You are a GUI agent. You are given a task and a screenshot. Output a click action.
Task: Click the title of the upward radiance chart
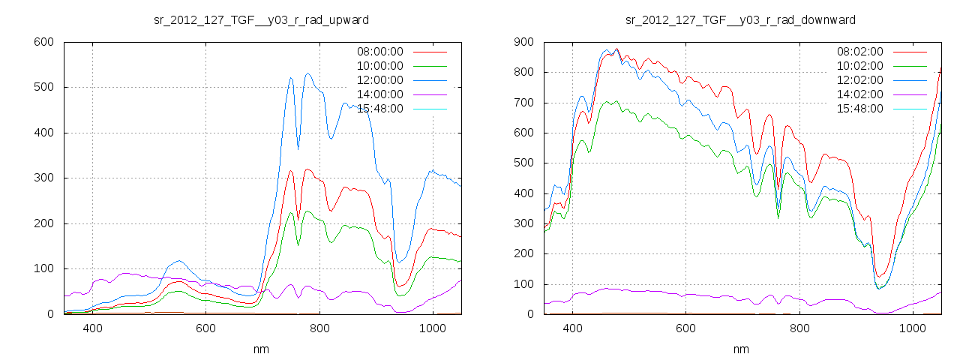(x=261, y=19)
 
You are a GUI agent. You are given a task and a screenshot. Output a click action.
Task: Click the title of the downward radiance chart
(x=741, y=19)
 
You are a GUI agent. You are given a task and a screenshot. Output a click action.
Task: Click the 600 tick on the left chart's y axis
(x=43, y=42)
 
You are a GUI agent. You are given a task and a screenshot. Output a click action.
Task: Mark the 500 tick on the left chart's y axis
(x=43, y=88)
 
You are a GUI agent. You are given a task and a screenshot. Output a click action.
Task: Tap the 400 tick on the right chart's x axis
(x=573, y=328)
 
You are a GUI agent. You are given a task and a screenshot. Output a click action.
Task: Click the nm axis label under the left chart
(x=261, y=349)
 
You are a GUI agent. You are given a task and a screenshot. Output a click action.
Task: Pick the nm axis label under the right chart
(x=741, y=349)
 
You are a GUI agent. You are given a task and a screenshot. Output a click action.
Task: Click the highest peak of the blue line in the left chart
(x=307, y=73)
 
